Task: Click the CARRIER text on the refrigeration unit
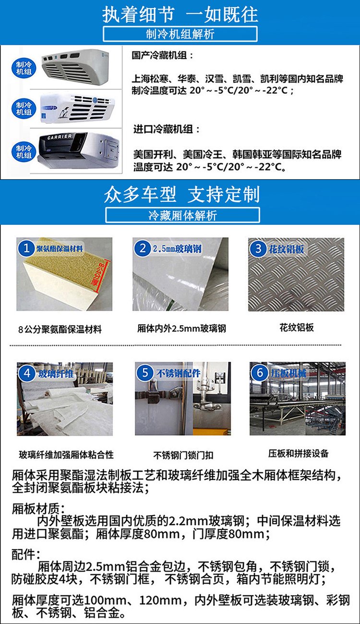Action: tap(60, 136)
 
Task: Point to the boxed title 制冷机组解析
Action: tap(180, 34)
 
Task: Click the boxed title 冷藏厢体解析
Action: tap(183, 215)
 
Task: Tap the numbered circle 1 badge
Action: tap(26, 248)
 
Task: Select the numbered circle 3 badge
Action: tap(258, 248)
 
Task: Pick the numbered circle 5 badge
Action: tap(145, 373)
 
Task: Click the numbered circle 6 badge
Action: tap(260, 373)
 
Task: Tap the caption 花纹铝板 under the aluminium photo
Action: tap(297, 327)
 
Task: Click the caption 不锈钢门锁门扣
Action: tap(183, 455)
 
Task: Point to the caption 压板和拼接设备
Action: tap(298, 453)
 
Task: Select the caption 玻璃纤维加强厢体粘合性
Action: tap(66, 454)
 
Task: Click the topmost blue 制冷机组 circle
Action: tap(24, 68)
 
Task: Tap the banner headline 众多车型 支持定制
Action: tap(182, 195)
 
